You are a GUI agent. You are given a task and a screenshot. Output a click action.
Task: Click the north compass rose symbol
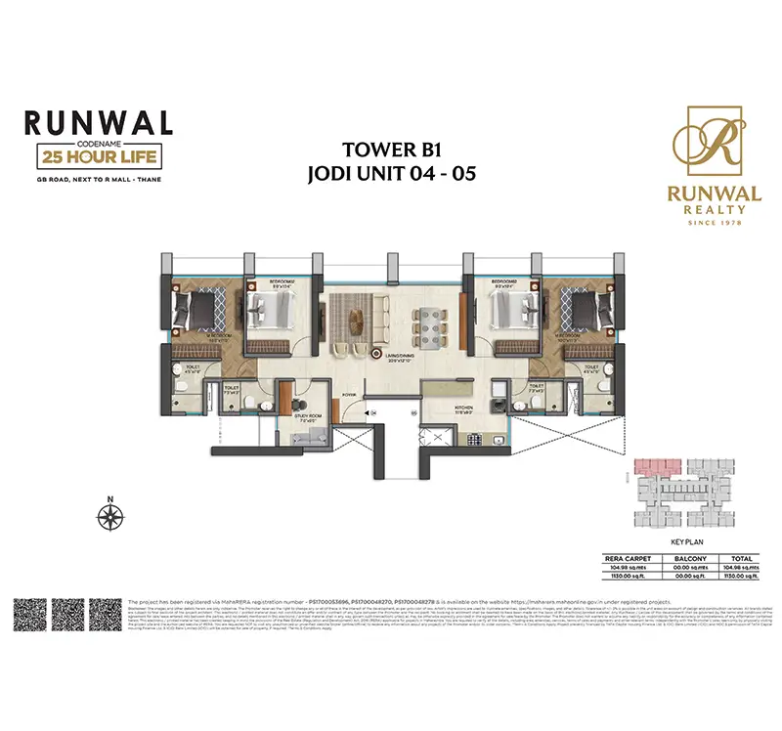point(110,514)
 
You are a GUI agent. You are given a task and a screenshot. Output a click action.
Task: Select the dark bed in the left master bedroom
point(202,312)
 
